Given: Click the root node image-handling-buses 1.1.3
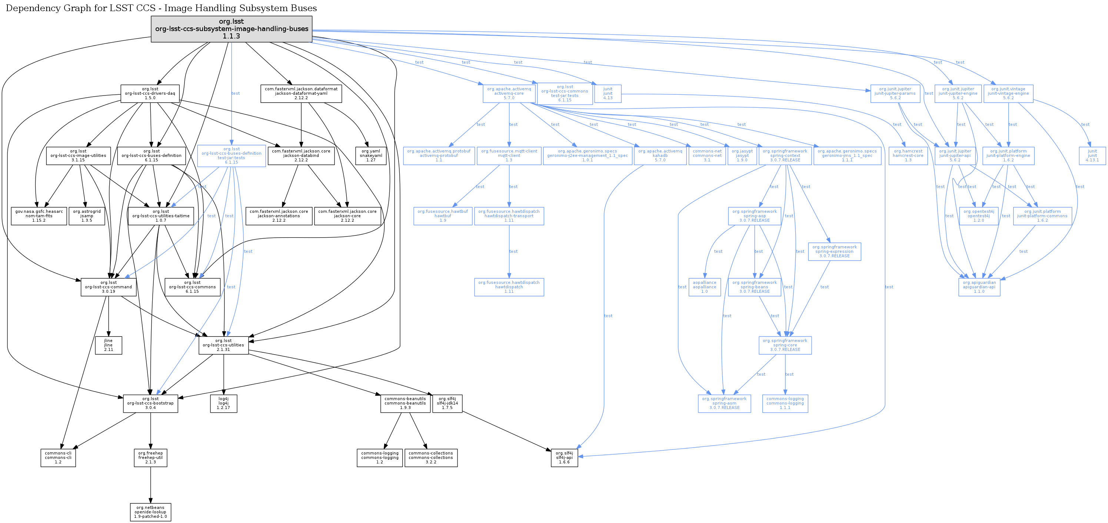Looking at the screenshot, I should coord(232,29).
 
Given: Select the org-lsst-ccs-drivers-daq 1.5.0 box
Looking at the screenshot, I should coord(150,94).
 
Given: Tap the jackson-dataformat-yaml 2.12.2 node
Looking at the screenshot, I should coord(301,94).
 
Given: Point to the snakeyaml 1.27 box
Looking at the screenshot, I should coord(371,156).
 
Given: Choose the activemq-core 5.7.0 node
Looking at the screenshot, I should coord(509,94).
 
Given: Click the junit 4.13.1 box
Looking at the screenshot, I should coord(1092,156).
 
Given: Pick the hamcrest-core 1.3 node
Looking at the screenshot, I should coord(908,156).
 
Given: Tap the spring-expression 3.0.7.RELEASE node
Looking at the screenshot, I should coord(835,251).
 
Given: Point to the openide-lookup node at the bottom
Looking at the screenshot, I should coord(150,512).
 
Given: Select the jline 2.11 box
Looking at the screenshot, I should coord(109,345).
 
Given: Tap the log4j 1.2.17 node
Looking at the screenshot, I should coord(224,403).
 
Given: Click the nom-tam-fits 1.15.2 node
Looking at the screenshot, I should coord(39,216).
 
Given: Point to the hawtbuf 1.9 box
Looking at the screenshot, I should coord(443,216).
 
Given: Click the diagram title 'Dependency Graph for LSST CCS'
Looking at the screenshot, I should coord(161,8).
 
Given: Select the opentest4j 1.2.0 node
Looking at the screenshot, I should coord(979,216).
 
